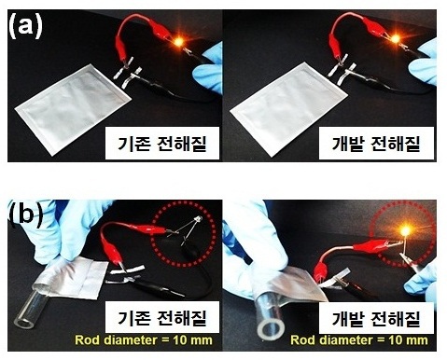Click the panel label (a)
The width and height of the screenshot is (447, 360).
pos(25,26)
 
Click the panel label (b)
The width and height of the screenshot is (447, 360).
pos(26,215)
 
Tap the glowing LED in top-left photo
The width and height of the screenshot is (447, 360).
pos(178,41)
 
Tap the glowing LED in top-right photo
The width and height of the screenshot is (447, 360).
pos(395,39)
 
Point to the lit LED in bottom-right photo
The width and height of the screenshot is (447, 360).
pos(405,230)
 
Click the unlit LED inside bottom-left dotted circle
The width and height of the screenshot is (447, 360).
pos(198,219)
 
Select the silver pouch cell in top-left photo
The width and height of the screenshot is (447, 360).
pos(73,108)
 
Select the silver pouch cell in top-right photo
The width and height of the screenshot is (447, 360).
pos(287,105)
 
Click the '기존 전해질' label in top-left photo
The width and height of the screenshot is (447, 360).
pos(161,144)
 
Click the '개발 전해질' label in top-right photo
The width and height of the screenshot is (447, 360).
pos(376,144)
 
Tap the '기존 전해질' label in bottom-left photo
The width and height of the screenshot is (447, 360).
pos(161,318)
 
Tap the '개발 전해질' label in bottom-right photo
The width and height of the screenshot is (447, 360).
pos(376,318)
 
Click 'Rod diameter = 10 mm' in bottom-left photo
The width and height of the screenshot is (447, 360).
pos(144,339)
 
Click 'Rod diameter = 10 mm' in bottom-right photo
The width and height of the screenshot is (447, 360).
pos(359,339)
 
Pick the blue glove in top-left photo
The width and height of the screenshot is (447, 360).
pos(208,71)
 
